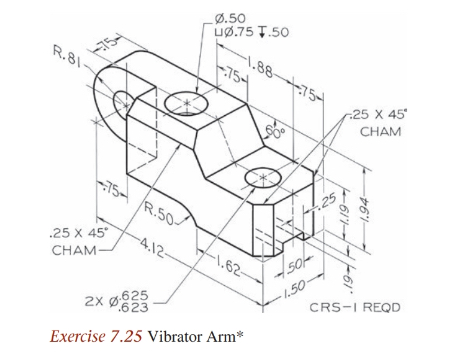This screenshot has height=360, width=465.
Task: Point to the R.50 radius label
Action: (160, 211)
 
